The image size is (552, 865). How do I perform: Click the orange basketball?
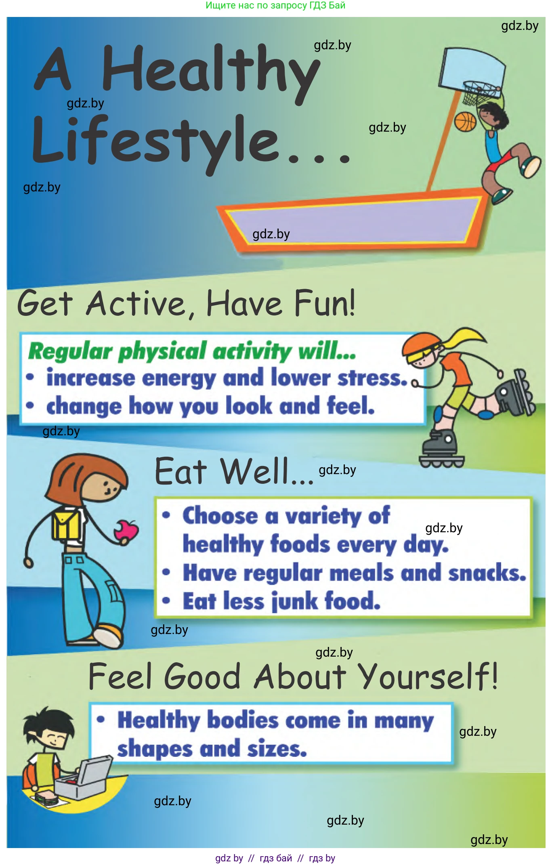click(465, 122)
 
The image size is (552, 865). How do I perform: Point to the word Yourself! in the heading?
click(428, 676)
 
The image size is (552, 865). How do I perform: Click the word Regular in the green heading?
click(70, 351)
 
